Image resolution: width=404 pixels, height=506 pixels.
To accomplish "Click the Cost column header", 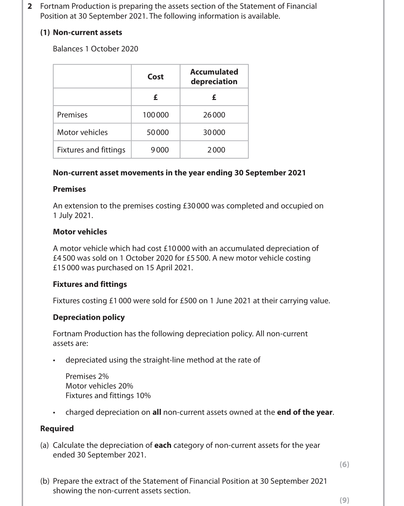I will (155, 77).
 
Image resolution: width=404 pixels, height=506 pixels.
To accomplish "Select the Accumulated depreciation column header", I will (214, 77).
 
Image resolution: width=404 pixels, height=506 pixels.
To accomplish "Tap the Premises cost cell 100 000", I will (156, 115).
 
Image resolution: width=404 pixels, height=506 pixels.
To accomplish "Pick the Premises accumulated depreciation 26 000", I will (214, 115).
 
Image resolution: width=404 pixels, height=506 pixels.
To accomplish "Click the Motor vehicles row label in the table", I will (82, 132).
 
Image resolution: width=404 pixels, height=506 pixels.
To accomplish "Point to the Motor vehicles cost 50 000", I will (158, 132).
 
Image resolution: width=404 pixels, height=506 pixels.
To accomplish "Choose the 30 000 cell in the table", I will (214, 132).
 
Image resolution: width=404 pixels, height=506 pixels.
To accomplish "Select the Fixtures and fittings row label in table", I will (91, 150).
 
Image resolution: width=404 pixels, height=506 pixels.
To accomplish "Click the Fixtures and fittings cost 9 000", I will (160, 150).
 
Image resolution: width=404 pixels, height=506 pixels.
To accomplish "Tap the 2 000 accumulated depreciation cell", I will (216, 150).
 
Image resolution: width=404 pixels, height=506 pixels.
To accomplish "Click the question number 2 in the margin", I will (30, 6).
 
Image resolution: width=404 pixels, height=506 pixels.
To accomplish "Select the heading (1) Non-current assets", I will (81, 32).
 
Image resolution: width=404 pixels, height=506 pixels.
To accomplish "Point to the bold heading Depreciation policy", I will (89, 317).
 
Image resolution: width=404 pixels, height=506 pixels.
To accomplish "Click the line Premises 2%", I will (87, 376).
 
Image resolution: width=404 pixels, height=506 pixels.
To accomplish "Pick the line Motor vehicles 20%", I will (99, 386).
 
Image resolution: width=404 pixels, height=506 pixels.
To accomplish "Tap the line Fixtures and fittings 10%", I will (108, 396).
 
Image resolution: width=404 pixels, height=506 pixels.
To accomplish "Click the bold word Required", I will (57, 429).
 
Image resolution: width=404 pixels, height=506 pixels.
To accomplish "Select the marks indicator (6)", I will (344, 464).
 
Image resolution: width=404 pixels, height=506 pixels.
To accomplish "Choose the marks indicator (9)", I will (344, 500).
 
